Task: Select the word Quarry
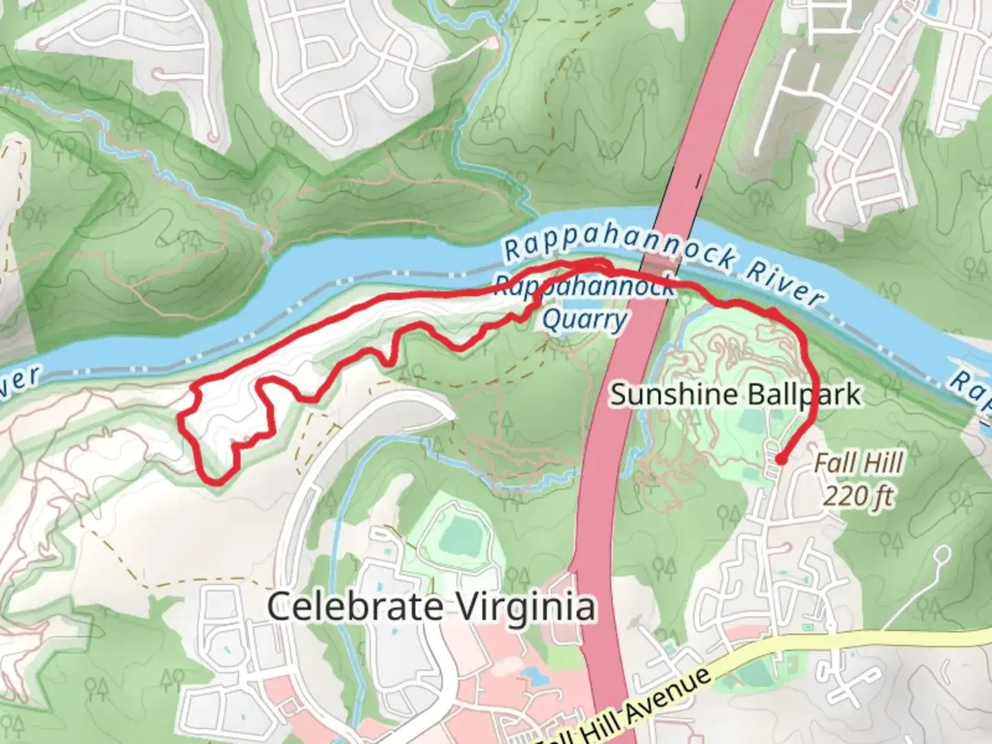pos(584,320)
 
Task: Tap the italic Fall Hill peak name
pos(858,463)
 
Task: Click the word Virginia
pos(526,607)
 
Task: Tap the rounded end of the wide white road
pos(444,414)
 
